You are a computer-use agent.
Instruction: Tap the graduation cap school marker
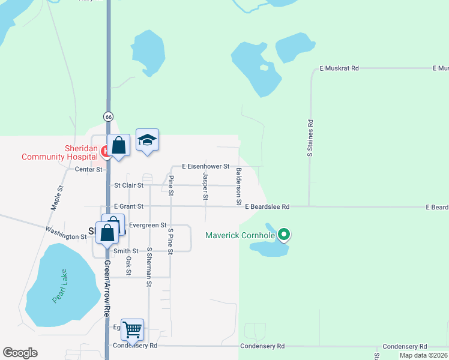pyautogui.click(x=147, y=140)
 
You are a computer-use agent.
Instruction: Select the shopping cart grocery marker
pyautogui.click(x=132, y=329)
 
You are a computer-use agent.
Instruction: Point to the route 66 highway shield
pyautogui.click(x=108, y=116)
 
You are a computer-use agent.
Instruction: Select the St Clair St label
pyautogui.click(x=128, y=186)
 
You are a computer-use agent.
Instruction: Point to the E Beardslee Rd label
pyautogui.click(x=267, y=206)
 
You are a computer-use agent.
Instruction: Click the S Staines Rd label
pyautogui.click(x=310, y=139)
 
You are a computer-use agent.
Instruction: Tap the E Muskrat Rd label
pyautogui.click(x=339, y=69)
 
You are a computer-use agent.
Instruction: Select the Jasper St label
pyautogui.click(x=205, y=186)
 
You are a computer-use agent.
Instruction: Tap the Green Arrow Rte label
pyautogui.click(x=108, y=288)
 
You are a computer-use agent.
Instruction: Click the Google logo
pyautogui.click(x=20, y=353)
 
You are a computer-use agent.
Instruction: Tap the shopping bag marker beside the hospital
pyautogui.click(x=119, y=145)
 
